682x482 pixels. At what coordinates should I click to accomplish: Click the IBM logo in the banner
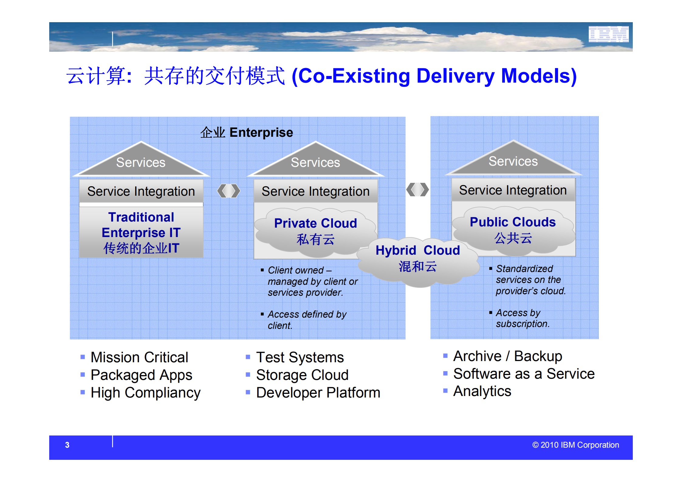pyautogui.click(x=608, y=34)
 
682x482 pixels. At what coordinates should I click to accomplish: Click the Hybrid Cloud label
pyautogui.click(x=418, y=250)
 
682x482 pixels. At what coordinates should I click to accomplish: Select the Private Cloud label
pyautogui.click(x=315, y=223)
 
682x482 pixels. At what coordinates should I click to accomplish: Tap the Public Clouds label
pyautogui.click(x=512, y=222)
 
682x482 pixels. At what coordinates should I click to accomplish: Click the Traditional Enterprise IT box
pyautogui.click(x=141, y=232)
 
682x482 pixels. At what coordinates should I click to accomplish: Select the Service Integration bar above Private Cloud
pyautogui.click(x=315, y=191)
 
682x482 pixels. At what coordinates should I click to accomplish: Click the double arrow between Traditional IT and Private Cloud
pyautogui.click(x=228, y=191)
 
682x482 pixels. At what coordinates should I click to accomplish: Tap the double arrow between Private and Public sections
pyautogui.click(x=417, y=190)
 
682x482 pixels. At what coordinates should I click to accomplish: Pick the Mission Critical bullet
pyautogui.click(x=139, y=357)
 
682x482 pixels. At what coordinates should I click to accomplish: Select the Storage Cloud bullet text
pyautogui.click(x=302, y=375)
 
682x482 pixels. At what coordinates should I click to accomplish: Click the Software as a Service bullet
pyautogui.click(x=523, y=374)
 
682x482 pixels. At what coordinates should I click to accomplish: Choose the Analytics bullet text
pyautogui.click(x=482, y=391)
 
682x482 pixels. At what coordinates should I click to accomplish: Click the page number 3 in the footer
pyautogui.click(x=67, y=445)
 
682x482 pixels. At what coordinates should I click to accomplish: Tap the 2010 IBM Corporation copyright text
pyautogui.click(x=575, y=445)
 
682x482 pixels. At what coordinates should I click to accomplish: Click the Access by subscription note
pyautogui.click(x=522, y=318)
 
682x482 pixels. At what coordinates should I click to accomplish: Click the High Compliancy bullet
pyautogui.click(x=145, y=392)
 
